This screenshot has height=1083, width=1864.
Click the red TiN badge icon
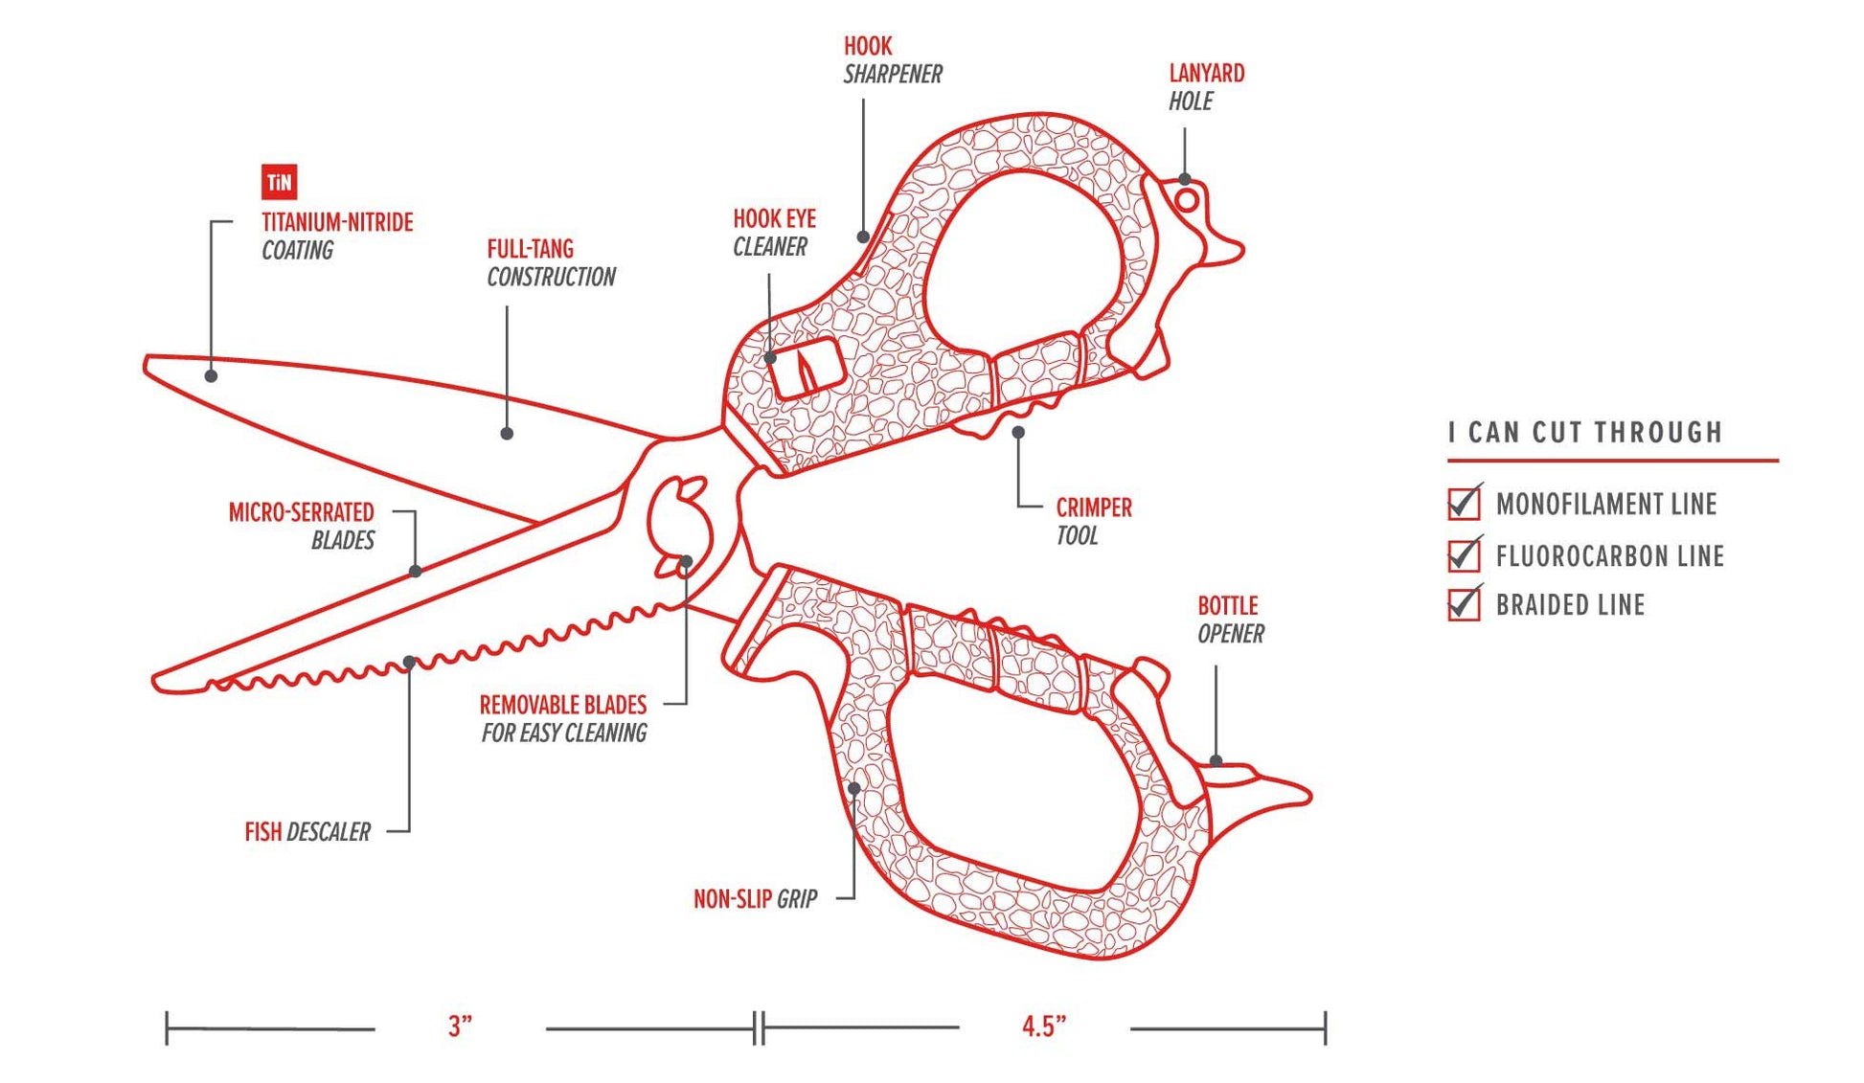coord(279,182)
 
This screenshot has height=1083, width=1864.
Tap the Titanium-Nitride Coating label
coord(336,236)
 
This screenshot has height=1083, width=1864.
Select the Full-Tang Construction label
coord(550,262)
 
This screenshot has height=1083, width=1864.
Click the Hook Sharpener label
coord(892,59)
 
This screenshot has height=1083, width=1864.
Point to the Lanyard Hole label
coord(1205,86)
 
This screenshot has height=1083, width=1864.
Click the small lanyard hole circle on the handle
coord(1186,200)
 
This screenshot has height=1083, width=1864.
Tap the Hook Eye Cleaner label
coord(773,233)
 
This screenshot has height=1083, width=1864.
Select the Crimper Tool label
coord(1093,521)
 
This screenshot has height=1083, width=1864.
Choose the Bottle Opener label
coord(1230,619)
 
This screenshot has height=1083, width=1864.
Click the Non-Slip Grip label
coord(755,898)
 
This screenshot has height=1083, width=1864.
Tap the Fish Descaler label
coord(307,831)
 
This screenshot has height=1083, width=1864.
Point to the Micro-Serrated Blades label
coord(301,526)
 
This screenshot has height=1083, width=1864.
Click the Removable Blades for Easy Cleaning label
coord(563,718)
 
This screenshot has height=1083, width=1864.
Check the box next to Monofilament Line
coord(1464,504)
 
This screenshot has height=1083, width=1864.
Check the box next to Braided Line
coord(1464,605)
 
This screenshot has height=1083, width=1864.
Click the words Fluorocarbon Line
coord(1609,555)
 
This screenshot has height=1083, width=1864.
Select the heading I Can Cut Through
coord(1585,432)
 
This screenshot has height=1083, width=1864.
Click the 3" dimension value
coord(460,1027)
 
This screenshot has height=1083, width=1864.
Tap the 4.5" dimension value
coord(1043,1027)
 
